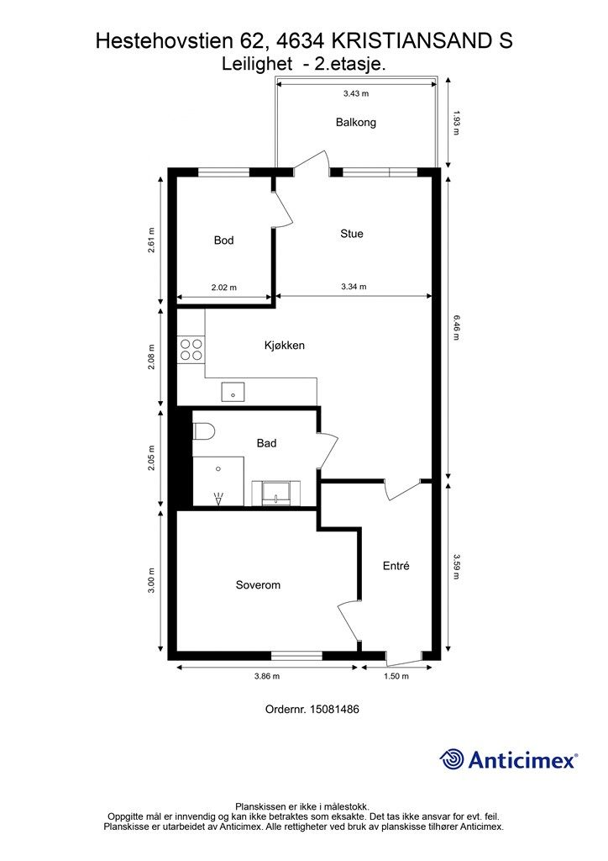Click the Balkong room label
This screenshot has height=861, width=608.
tap(356, 123)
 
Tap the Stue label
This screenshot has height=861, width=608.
tap(351, 234)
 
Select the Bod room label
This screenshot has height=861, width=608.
tap(223, 240)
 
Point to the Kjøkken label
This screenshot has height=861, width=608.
tap(284, 346)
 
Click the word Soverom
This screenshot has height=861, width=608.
tap(258, 585)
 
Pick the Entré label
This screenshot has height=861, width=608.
tap(396, 566)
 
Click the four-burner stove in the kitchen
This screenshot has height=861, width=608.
tap(191, 350)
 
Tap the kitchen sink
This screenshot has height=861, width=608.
tap(233, 393)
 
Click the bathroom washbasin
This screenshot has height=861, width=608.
tap(276, 493)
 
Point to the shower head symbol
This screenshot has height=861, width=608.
tap(218, 499)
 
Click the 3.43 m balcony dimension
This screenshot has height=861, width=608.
tap(356, 93)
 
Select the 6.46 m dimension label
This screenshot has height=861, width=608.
tap(456, 327)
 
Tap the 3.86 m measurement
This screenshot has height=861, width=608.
tap(267, 677)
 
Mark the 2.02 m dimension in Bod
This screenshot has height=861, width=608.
tap(223, 288)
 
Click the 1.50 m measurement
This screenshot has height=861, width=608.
tap(396, 677)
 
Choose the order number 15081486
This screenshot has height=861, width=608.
tap(334, 710)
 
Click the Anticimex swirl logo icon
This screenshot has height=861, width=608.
tap(452, 760)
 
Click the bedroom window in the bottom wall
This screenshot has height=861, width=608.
tap(296, 656)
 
